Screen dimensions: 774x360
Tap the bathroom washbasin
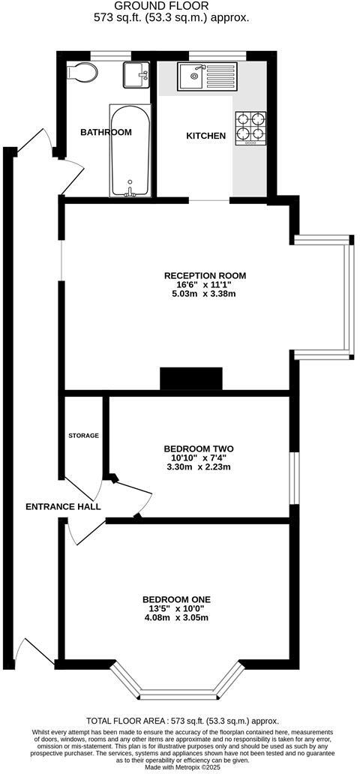[x=136, y=75]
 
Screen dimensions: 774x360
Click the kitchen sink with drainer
[x=206, y=76]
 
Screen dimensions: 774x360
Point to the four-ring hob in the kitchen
[x=251, y=127]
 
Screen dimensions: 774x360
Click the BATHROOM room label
[x=106, y=133]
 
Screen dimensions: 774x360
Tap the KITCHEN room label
[x=205, y=136]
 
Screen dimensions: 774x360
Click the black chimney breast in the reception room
[x=191, y=379]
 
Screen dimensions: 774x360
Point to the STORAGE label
[x=84, y=436]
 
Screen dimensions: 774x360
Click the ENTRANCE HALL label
[x=63, y=507]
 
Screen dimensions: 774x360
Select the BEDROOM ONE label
[x=176, y=599]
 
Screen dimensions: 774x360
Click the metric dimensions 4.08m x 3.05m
[x=176, y=618]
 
